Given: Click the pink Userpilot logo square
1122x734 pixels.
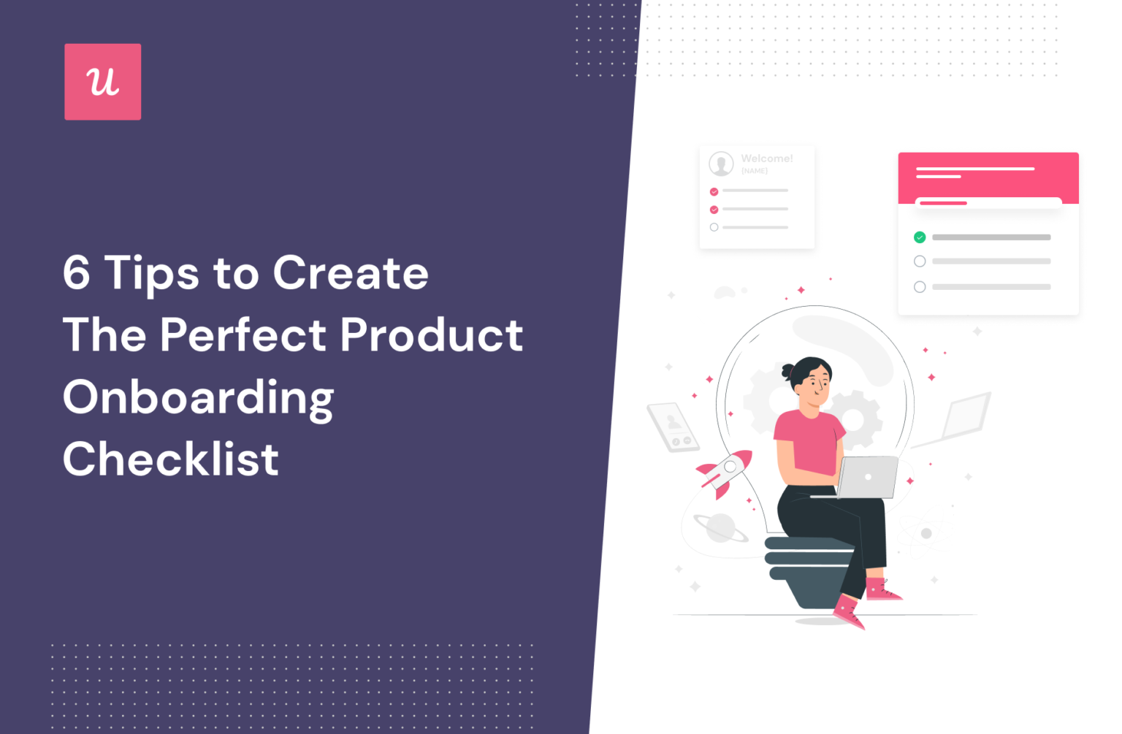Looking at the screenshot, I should (x=102, y=82).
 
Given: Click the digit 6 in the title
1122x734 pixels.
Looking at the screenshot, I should (x=77, y=273).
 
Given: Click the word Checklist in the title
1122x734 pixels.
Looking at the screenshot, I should (x=171, y=459).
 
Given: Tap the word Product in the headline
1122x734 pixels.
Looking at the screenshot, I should (x=431, y=334).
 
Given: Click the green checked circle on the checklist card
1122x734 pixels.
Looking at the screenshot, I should (x=920, y=237).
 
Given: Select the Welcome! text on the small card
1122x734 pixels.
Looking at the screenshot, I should (x=766, y=158).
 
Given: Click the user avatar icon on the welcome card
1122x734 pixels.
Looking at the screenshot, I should (x=721, y=164).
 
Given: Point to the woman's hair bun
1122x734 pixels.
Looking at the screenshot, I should (x=787, y=371).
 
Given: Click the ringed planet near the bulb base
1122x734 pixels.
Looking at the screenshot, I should (x=720, y=527).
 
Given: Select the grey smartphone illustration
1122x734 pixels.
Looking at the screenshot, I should (x=673, y=427).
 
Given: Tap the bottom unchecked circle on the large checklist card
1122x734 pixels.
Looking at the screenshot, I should (x=920, y=287).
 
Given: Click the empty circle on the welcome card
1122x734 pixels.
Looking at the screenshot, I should (x=714, y=227).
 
